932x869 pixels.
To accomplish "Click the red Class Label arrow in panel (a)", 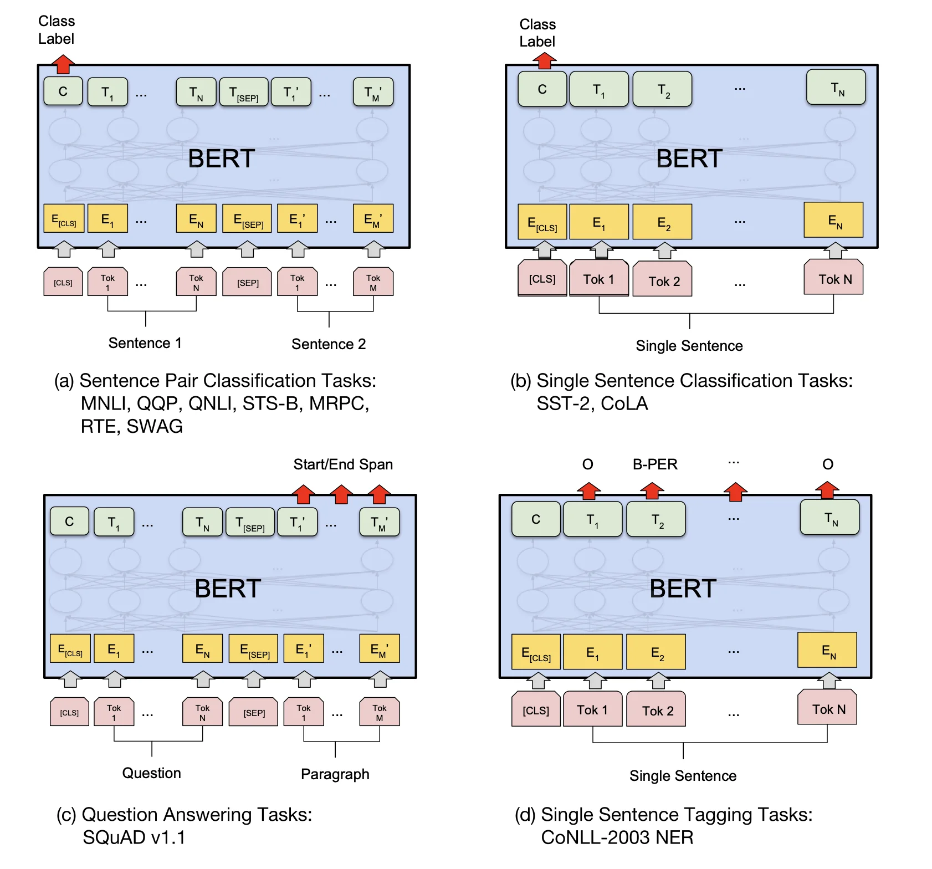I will tap(63, 64).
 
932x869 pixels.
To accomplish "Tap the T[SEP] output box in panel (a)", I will tap(244, 92).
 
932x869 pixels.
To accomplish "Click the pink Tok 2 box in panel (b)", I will tap(663, 280).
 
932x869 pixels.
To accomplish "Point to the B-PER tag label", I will tap(654, 464).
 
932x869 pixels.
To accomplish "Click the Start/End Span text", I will tap(342, 464).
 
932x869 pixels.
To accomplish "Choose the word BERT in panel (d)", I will tap(682, 589).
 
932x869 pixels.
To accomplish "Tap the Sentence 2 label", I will tap(329, 344).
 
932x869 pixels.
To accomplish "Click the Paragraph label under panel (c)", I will tap(335, 774).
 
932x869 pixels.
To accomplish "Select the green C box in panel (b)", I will tap(542, 89).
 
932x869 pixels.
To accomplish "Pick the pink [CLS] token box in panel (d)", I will tap(536, 710).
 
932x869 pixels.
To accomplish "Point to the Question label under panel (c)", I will tap(151, 773).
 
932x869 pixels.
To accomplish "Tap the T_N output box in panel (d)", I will tap(830, 518).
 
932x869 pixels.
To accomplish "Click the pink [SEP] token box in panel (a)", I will tap(247, 283).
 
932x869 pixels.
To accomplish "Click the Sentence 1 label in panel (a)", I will tap(145, 343).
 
